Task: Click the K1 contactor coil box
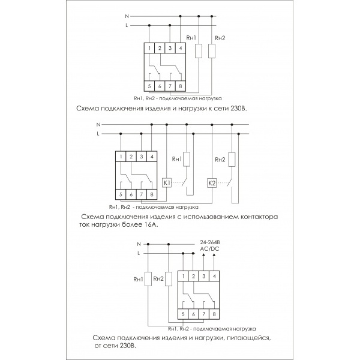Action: tap(168, 182)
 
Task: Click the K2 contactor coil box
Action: tap(211, 182)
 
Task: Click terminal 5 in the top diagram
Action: tap(150, 86)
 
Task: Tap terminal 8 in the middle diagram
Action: tap(151, 194)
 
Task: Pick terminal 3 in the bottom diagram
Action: tap(205, 275)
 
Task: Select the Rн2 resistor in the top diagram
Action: tap(212, 50)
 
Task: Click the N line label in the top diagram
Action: tap(126, 17)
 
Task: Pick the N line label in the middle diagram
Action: tap(98, 124)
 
